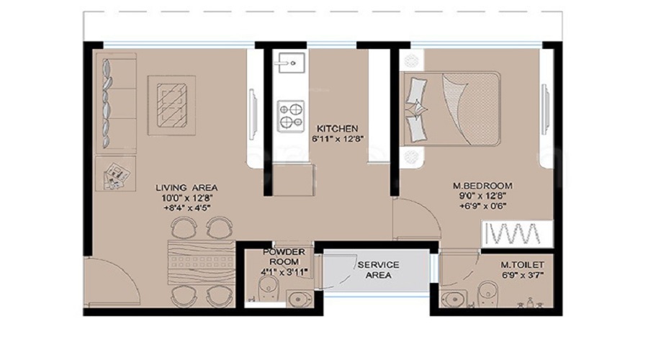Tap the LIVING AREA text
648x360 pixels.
pos(186,188)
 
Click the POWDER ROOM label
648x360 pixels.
pos(284,256)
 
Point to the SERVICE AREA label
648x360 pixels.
pos(378,270)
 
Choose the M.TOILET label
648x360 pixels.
pos(517,264)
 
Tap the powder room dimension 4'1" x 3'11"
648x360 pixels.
pos(284,271)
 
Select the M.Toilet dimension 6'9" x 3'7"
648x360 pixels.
pos(517,274)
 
